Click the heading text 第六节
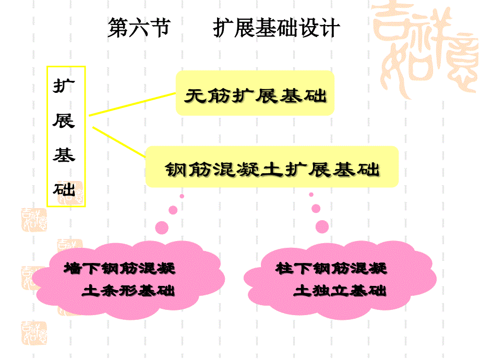pyautogui.click(x=139, y=28)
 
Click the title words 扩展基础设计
pyautogui.click(x=277, y=28)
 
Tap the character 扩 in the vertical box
pyautogui.click(x=64, y=87)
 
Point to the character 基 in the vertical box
pyautogui.click(x=64, y=155)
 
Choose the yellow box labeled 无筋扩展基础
pyautogui.click(x=255, y=94)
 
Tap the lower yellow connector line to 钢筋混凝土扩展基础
pyautogui.click(x=118, y=141)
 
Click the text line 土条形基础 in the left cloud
pyautogui.click(x=128, y=291)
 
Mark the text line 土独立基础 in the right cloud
pyautogui.click(x=340, y=291)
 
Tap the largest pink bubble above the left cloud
pyautogui.click(x=162, y=227)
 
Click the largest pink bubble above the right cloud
pyautogui.click(x=322, y=226)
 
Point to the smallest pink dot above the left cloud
pyautogui.click(x=182, y=196)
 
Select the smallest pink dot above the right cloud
pyautogui.click(x=311, y=195)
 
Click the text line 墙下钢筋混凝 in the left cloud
pyautogui.click(x=119, y=269)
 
